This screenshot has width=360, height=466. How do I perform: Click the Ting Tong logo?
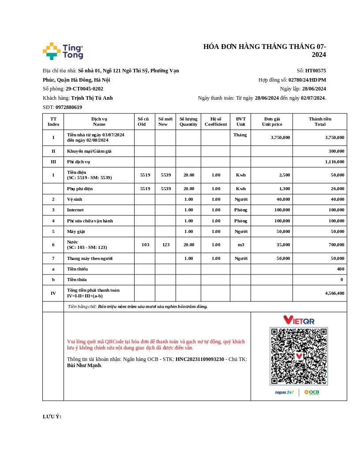63,51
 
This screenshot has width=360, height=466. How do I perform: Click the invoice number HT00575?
315,71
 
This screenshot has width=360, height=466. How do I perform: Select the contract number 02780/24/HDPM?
307,80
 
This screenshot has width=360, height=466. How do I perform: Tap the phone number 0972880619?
69,107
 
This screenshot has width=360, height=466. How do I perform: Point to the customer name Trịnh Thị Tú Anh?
92,98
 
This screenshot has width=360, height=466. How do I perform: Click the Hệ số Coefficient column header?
216,121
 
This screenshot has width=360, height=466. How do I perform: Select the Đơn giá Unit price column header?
272,121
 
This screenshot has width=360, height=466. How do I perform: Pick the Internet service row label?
75,210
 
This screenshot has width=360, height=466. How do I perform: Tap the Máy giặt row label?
76,232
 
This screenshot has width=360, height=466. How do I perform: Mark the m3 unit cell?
241,245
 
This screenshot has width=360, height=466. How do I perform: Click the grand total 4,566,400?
334,293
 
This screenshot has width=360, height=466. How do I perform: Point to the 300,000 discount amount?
336,151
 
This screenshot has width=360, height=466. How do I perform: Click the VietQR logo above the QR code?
299,320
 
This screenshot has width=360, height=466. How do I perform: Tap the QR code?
299,356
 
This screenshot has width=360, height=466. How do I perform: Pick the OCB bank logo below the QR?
311,392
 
